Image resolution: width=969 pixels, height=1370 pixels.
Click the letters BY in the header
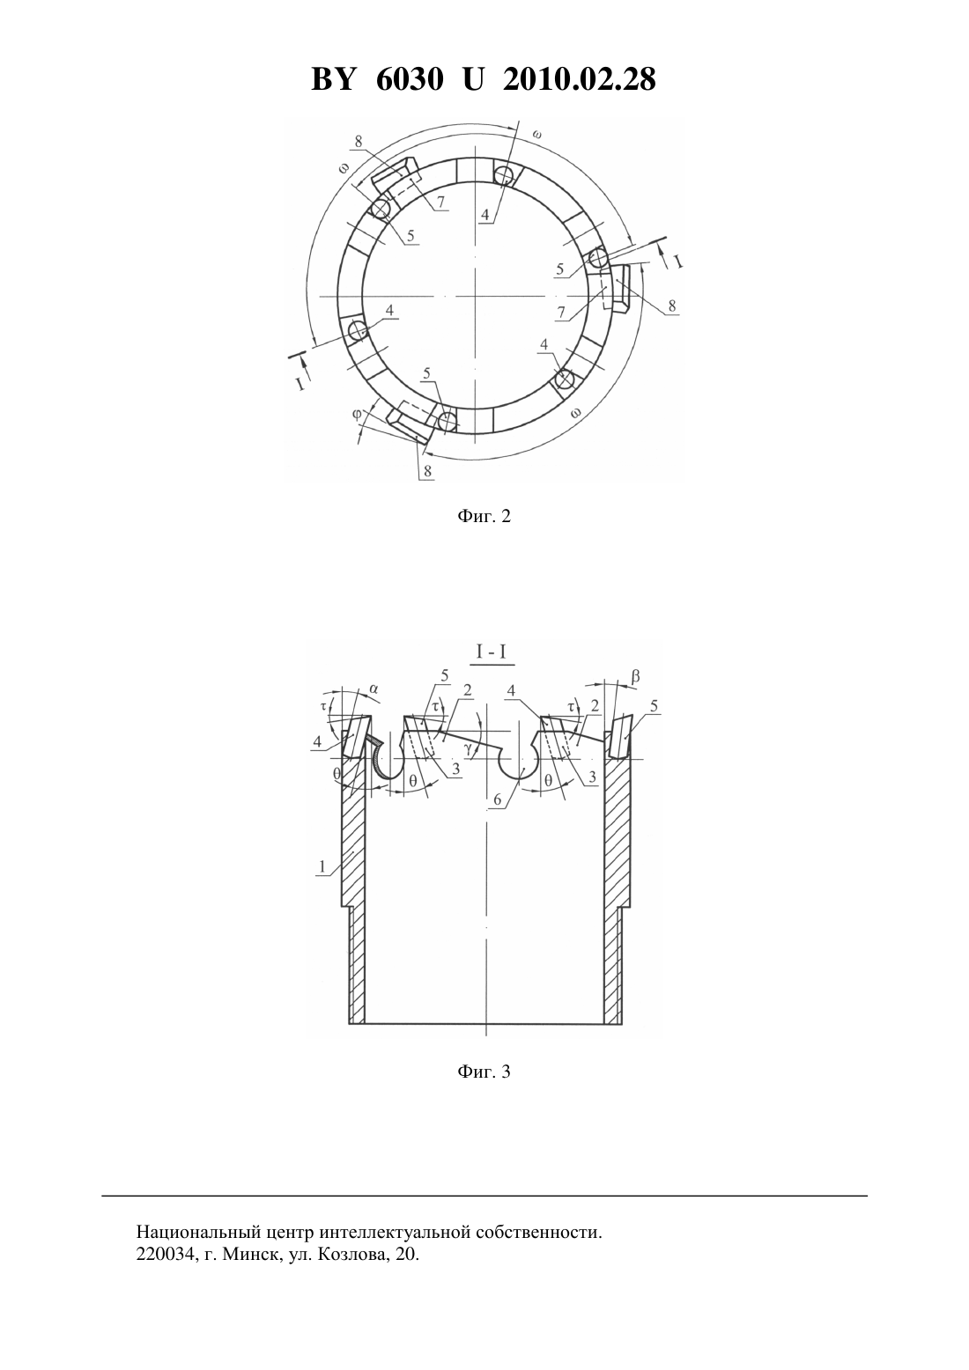click(333, 79)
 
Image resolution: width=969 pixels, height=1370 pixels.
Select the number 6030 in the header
click(409, 79)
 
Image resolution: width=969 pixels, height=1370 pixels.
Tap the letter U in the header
click(473, 79)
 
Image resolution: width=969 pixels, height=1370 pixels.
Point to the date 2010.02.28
click(580, 79)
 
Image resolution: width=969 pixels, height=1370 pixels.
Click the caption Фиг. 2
click(484, 517)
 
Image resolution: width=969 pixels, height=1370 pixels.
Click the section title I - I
click(492, 652)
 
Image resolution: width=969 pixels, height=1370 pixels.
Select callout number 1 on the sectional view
click(322, 866)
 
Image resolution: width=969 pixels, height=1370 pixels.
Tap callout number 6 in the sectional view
click(498, 799)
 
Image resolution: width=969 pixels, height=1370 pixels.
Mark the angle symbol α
click(374, 689)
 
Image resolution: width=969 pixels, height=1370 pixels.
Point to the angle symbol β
click(636, 676)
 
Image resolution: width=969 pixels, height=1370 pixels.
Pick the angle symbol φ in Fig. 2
click(357, 414)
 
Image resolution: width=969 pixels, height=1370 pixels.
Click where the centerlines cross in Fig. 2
click(474, 296)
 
